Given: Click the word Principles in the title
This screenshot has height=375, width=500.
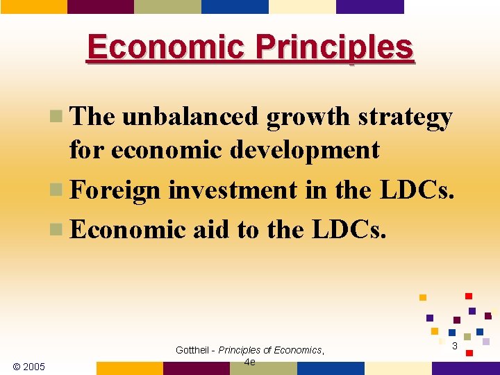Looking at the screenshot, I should (x=334, y=47).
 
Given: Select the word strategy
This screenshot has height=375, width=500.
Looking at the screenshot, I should (x=405, y=117).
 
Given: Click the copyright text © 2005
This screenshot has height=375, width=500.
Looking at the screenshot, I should (x=28, y=366).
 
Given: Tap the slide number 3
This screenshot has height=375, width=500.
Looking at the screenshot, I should (x=454, y=346).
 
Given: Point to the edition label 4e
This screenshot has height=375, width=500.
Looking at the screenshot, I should (x=249, y=362).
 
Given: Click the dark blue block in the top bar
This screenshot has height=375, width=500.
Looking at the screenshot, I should (x=234, y=6).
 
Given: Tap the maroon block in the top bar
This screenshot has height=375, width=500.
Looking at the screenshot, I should (x=100, y=6).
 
